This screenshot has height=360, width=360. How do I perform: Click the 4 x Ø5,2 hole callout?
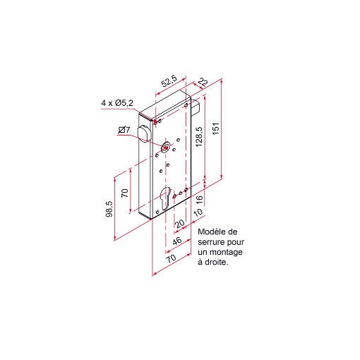[x=117, y=103]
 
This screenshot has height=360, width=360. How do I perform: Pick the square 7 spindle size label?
[x=124, y=130]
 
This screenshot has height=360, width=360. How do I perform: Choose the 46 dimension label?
[x=176, y=241]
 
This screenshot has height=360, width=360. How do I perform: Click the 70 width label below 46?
[x=171, y=259]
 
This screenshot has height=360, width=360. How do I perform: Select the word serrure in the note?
[x=213, y=242]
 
